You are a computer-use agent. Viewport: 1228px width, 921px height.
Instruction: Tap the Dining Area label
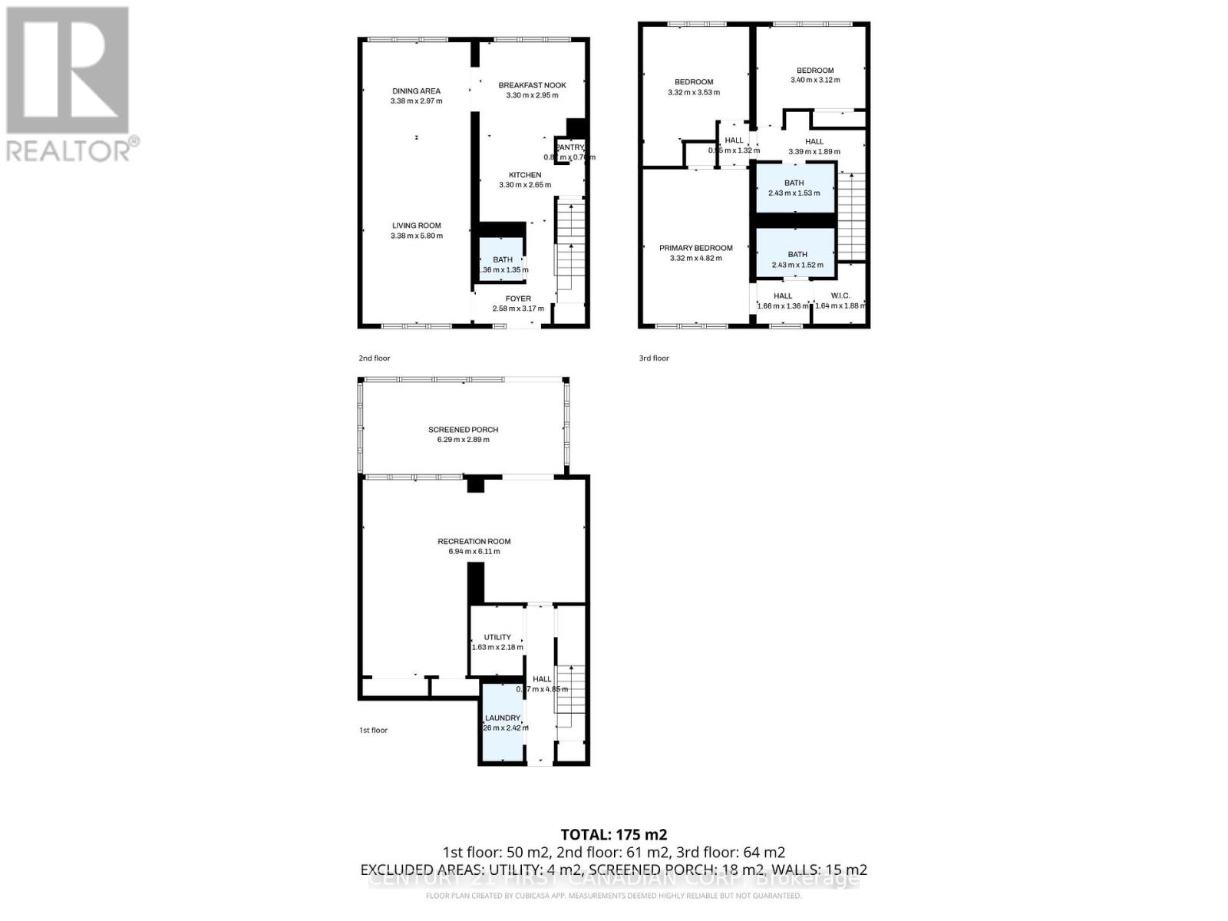(x=416, y=91)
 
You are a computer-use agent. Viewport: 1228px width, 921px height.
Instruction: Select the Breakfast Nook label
(x=532, y=85)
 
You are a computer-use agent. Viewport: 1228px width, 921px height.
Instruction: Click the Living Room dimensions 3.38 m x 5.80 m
(x=416, y=236)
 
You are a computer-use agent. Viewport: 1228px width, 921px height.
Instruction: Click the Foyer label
(x=518, y=299)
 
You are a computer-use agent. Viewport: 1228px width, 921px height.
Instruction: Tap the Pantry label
(x=569, y=147)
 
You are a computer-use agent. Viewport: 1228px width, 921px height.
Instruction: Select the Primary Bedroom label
(x=695, y=248)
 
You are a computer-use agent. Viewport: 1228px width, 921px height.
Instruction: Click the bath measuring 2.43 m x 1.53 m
(x=794, y=188)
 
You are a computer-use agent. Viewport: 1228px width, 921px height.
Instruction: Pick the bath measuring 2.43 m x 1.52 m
(x=797, y=259)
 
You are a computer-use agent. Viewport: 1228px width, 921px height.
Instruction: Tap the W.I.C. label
(x=840, y=295)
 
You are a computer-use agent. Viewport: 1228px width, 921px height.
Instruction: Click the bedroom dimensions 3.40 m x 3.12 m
(x=815, y=80)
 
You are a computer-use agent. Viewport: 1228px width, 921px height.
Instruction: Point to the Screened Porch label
(x=458, y=430)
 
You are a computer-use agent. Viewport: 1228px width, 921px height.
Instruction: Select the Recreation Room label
(x=474, y=541)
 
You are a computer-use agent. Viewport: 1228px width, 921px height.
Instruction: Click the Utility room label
(x=497, y=637)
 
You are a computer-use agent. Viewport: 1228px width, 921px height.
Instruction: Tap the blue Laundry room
(x=502, y=723)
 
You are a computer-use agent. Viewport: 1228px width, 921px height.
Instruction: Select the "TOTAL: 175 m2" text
(x=613, y=834)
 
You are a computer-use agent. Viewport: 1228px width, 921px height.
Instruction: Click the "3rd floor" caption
(x=654, y=358)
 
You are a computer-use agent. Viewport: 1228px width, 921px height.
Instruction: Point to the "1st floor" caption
(x=373, y=730)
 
